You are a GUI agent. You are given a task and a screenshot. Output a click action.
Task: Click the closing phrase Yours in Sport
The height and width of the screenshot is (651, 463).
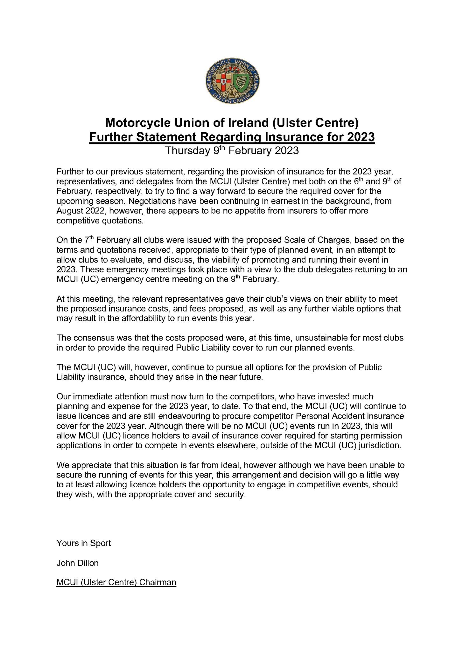point(84,543)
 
